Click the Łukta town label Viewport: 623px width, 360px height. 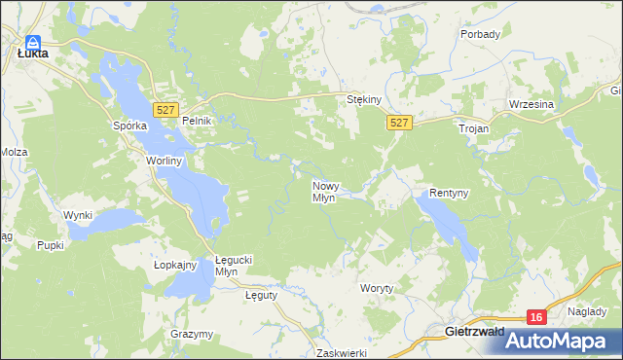tap(33, 55)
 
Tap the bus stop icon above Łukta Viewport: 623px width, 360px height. tap(32, 43)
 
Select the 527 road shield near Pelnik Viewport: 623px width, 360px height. tap(165, 110)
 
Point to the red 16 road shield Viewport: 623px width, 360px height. tap(535, 317)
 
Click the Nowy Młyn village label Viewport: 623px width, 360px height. tap(324, 191)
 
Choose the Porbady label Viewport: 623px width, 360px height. tap(480, 35)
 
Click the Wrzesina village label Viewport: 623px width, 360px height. tap(531, 104)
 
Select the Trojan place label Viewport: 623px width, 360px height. tap(473, 127)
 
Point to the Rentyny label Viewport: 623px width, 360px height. tap(449, 193)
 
